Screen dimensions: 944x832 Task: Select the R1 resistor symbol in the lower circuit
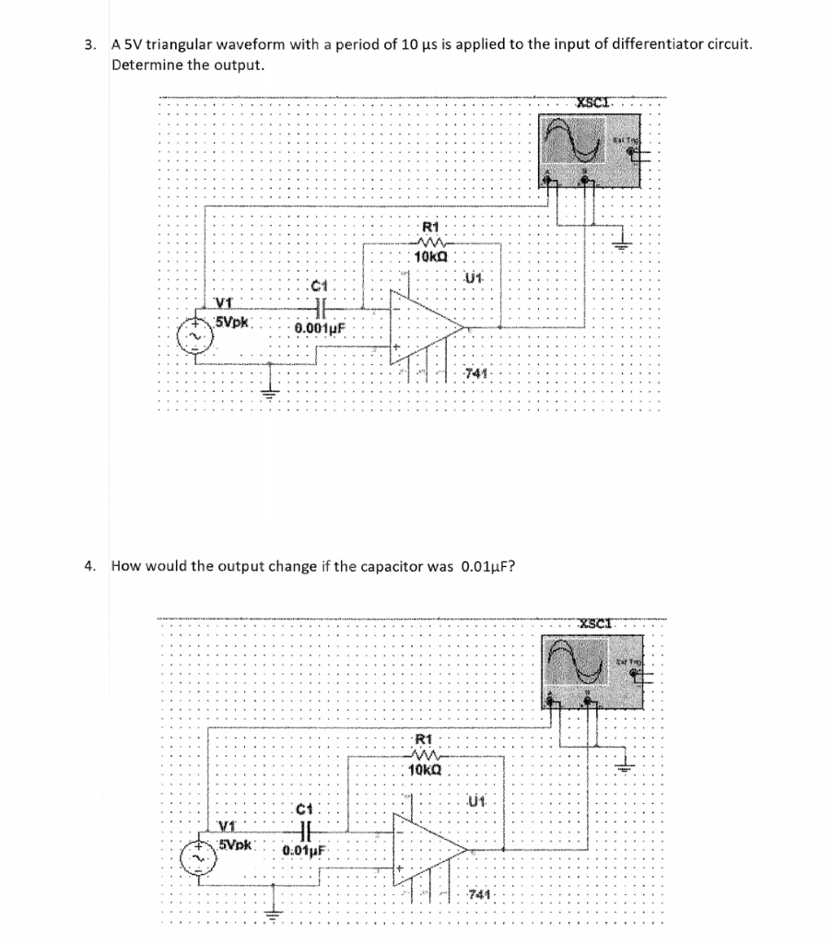[424, 753]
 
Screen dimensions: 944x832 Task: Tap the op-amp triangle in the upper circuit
[425, 325]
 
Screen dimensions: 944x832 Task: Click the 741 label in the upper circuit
[475, 372]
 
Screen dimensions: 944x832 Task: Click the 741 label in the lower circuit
[479, 895]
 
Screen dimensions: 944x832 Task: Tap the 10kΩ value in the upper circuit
[431, 257]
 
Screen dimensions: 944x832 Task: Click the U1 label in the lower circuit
[476, 801]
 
